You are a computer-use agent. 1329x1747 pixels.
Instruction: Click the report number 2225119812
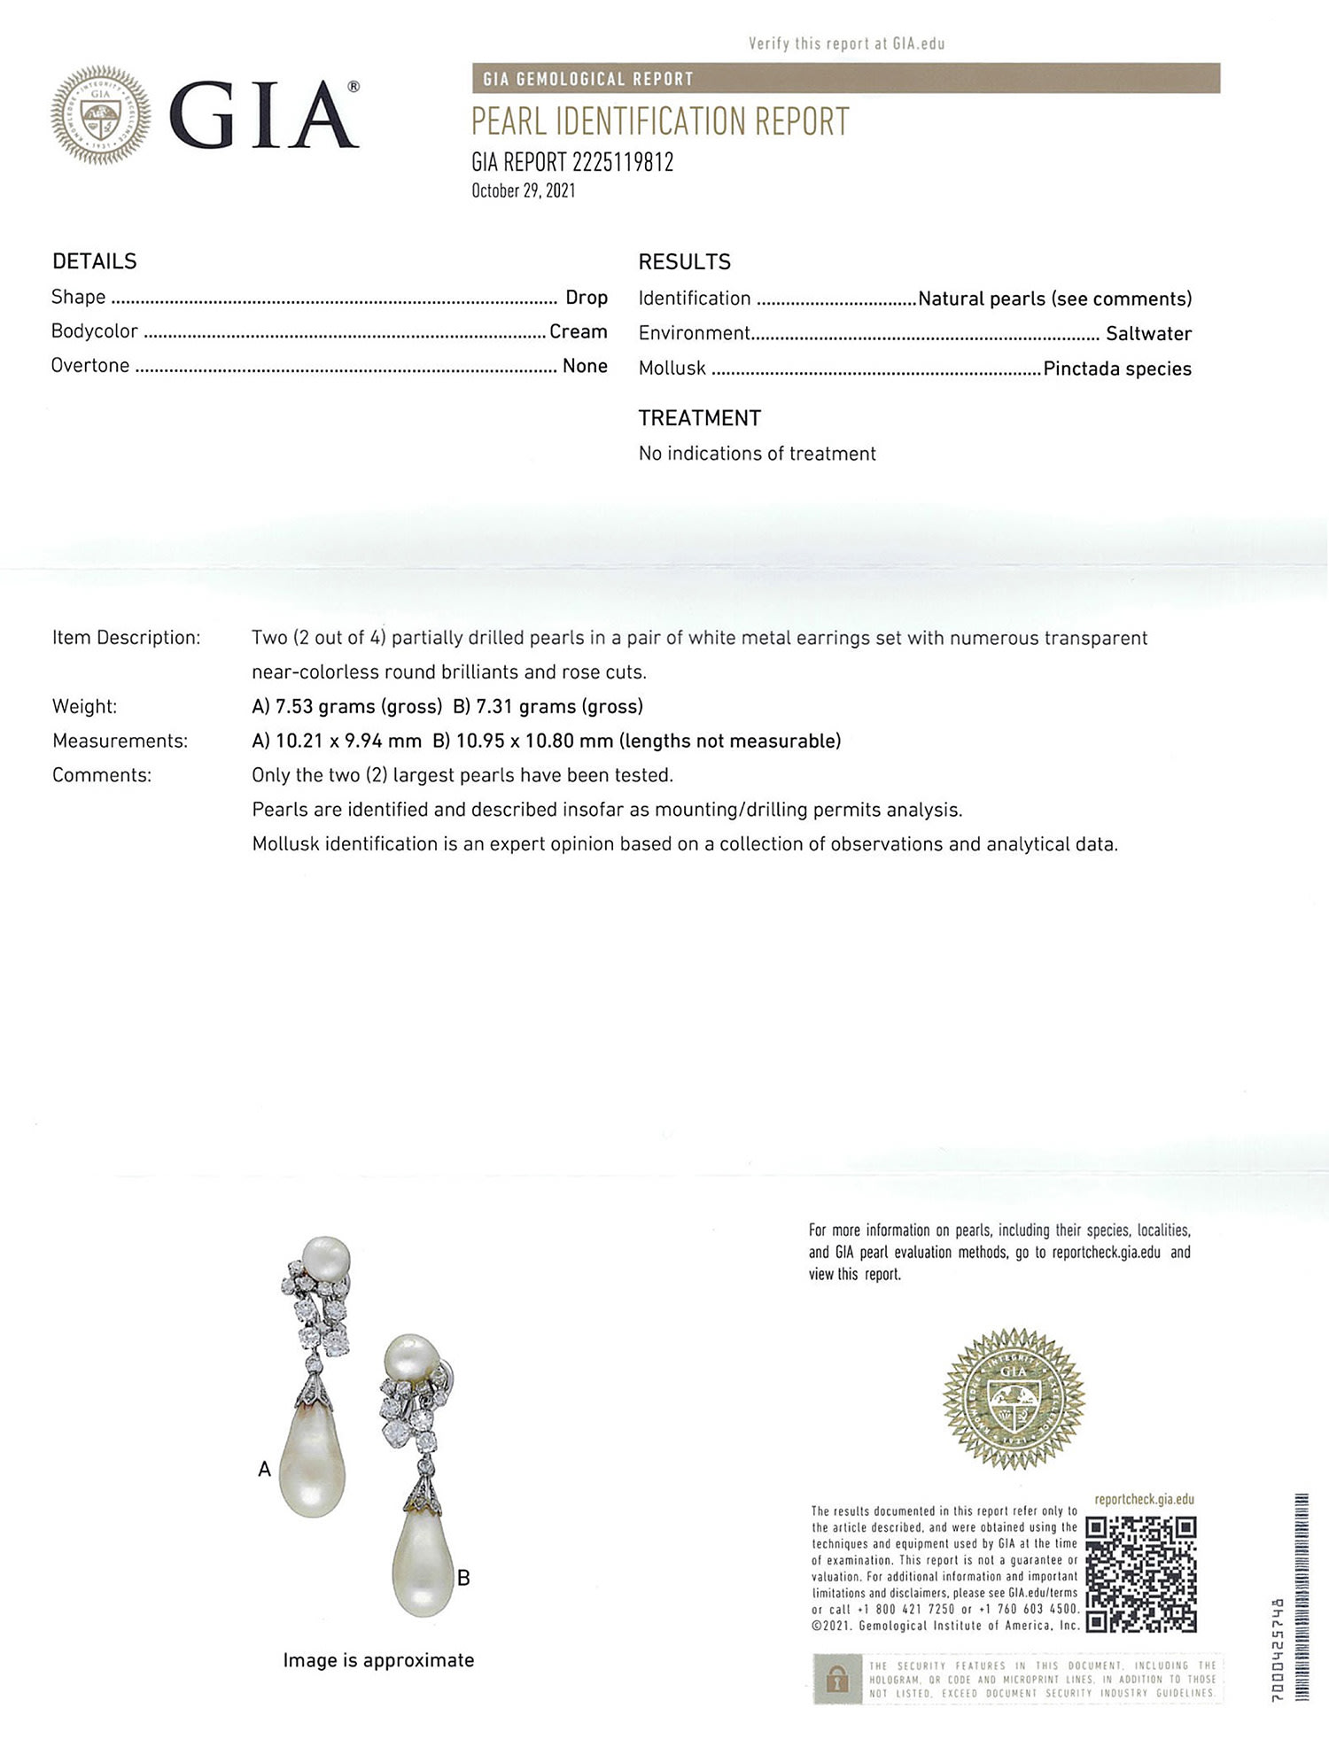pyautogui.click(x=623, y=162)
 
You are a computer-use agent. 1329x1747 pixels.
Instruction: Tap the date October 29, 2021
pyautogui.click(x=523, y=190)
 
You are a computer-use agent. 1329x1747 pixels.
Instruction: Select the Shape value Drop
pyautogui.click(x=587, y=298)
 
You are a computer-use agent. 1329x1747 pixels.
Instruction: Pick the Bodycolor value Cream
pyautogui.click(x=578, y=331)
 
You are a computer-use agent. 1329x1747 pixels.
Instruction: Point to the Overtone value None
pyautogui.click(x=585, y=366)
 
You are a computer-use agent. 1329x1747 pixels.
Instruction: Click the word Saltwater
pyautogui.click(x=1148, y=334)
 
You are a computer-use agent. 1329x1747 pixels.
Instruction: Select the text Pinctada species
pyautogui.click(x=1116, y=369)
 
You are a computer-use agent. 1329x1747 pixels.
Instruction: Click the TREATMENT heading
pyautogui.click(x=699, y=418)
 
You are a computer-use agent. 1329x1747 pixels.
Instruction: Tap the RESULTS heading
pyautogui.click(x=684, y=262)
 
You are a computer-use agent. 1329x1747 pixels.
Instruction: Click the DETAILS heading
pyautogui.click(x=95, y=261)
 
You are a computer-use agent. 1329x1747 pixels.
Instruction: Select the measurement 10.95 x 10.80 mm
pyautogui.click(x=534, y=741)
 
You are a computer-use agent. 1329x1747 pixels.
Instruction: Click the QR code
pyautogui.click(x=1140, y=1575)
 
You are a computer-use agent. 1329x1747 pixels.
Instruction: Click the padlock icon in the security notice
pyautogui.click(x=836, y=1679)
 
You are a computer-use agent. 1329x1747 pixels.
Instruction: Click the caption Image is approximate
pyautogui.click(x=378, y=1660)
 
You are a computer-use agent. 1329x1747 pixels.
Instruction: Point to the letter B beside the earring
pyautogui.click(x=463, y=1578)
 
